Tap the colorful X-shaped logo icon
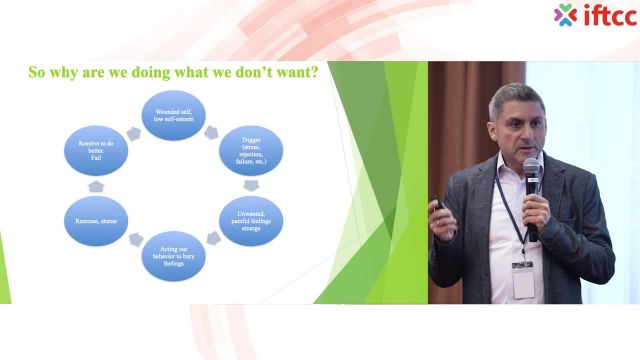point(566,14)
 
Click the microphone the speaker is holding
point(532,180)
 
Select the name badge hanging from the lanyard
point(522,279)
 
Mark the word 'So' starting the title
point(37,73)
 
